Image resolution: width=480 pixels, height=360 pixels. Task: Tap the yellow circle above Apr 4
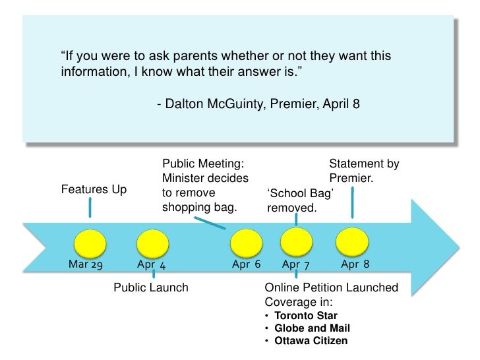tap(154, 243)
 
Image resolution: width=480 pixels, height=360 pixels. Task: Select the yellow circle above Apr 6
tap(246, 243)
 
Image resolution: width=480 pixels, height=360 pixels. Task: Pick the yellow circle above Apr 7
tap(297, 243)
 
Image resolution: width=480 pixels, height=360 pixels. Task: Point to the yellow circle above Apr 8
tap(351, 243)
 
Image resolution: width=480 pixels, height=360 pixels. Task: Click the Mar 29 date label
tap(86, 264)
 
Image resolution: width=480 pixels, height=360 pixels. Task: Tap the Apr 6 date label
tap(247, 264)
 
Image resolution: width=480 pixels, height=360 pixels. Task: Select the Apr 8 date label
tap(355, 264)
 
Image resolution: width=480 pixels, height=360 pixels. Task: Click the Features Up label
tap(94, 190)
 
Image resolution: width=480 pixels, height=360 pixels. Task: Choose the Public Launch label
tap(151, 287)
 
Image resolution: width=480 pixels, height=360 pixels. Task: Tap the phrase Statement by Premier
tap(363, 171)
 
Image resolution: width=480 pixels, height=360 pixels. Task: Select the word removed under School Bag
tap(292, 208)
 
